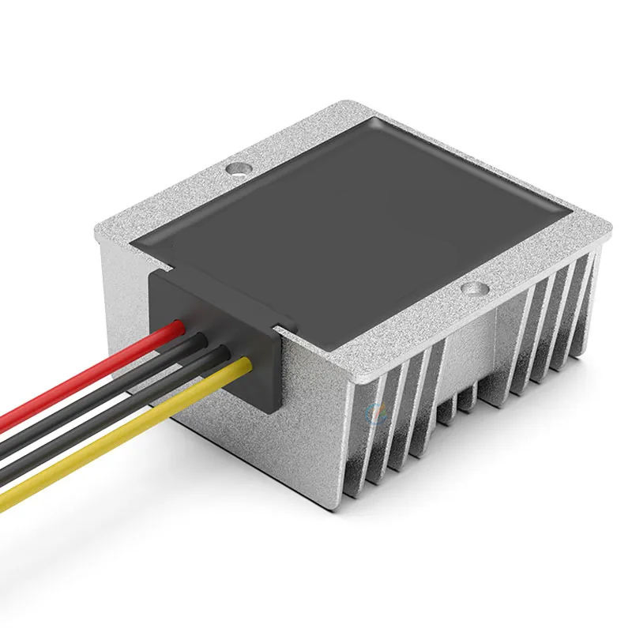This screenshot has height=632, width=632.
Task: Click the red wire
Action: (x=95, y=371)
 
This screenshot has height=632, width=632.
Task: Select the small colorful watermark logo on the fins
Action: (x=374, y=410)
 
